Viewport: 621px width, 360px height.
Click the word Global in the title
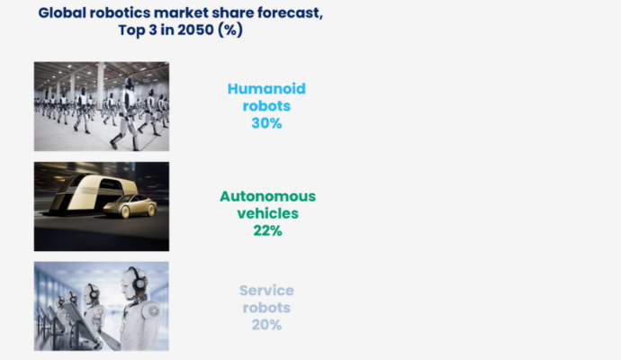[62, 13]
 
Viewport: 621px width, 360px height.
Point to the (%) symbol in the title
[230, 30]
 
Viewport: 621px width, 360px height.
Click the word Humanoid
[266, 89]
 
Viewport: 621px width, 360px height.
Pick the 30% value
[266, 123]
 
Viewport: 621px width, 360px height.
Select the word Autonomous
[267, 196]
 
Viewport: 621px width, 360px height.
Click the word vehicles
[267, 213]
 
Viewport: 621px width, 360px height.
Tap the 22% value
[267, 230]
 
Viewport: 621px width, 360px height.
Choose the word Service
[266, 291]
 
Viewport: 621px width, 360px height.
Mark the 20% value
[266, 325]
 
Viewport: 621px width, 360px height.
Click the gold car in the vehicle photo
[131, 206]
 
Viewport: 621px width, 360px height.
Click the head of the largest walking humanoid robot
[129, 83]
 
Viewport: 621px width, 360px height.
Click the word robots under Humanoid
[266, 106]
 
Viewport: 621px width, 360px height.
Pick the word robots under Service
[266, 308]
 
